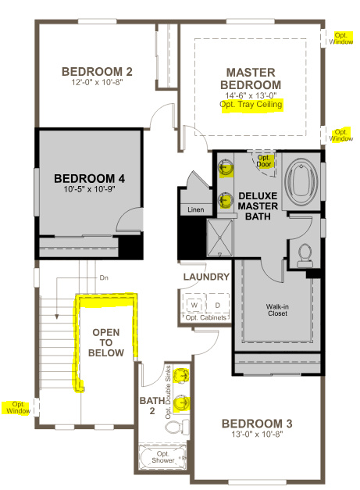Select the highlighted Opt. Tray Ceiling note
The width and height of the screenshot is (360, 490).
pos(251,104)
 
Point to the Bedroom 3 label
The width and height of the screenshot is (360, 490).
pos(256,424)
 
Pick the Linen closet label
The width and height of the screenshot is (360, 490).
pos(196,210)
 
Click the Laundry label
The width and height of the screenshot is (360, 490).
pos(206,277)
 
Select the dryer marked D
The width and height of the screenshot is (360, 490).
pos(218,304)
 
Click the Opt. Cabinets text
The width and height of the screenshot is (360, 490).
pos(207,318)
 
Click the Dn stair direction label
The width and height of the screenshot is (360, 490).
pos(104,277)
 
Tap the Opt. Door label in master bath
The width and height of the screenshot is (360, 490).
pos(264,160)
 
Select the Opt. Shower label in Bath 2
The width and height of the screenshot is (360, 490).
pos(163,458)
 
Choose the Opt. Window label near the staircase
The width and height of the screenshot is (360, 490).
pos(16,407)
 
